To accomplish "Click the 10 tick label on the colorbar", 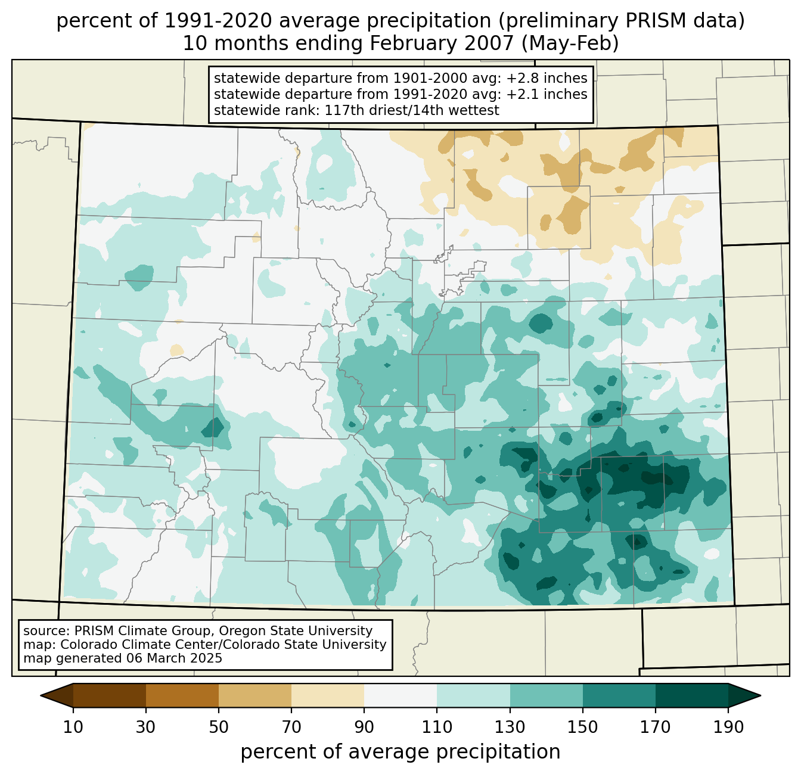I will (x=73, y=728).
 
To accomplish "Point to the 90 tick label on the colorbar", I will (x=364, y=728).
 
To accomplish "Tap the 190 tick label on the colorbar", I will (x=728, y=728).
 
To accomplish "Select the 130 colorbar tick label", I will (x=510, y=728).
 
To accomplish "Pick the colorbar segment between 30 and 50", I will (x=182, y=695).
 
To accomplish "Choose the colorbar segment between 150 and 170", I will (x=619, y=695).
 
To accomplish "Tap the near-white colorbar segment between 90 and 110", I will (x=401, y=695).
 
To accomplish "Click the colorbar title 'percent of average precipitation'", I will (x=401, y=752).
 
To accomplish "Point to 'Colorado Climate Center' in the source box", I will (x=128, y=645).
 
